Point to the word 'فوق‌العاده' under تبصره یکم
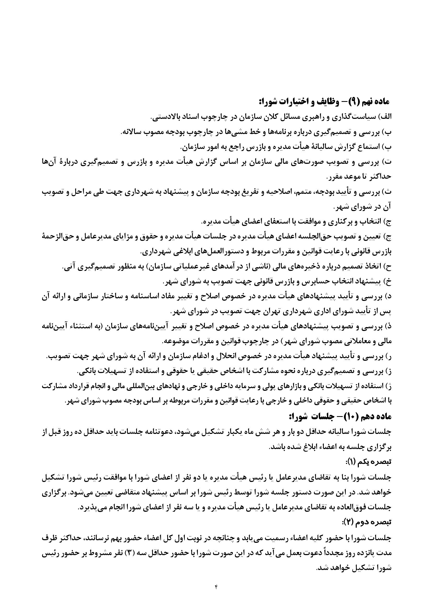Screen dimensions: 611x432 (354, 508)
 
